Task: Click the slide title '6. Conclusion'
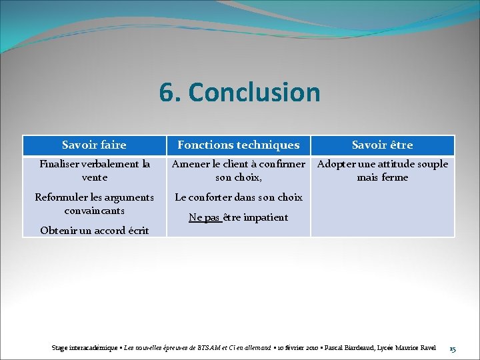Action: point(239,93)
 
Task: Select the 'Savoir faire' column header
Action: point(94,145)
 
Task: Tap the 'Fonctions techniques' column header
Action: point(238,145)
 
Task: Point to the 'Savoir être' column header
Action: point(382,145)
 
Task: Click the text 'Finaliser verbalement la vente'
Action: point(94,171)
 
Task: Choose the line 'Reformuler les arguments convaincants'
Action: point(94,204)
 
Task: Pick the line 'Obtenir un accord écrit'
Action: point(94,231)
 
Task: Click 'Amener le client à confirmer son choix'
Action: point(238,171)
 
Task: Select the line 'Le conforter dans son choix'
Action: point(238,197)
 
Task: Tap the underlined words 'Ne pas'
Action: point(205,217)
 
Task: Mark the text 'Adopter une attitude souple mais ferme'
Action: point(382,171)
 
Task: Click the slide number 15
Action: point(453,348)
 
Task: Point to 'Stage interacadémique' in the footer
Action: point(86,348)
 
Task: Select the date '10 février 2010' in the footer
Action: point(297,348)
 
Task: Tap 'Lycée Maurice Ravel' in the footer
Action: point(408,348)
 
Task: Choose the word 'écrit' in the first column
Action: point(136,231)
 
